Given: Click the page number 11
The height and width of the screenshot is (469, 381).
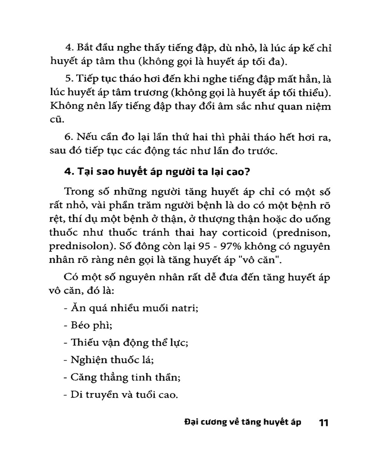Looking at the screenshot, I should click(x=324, y=423).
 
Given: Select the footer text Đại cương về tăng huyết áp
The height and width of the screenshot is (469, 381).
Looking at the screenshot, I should click(x=243, y=422).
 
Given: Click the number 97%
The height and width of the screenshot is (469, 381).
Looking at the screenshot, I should click(x=231, y=246).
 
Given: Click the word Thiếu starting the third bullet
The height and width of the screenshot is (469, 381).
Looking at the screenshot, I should click(x=82, y=343).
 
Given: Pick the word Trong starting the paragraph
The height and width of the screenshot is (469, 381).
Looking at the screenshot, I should click(x=79, y=192).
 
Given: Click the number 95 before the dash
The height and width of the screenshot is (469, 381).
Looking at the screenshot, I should click(x=204, y=246).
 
